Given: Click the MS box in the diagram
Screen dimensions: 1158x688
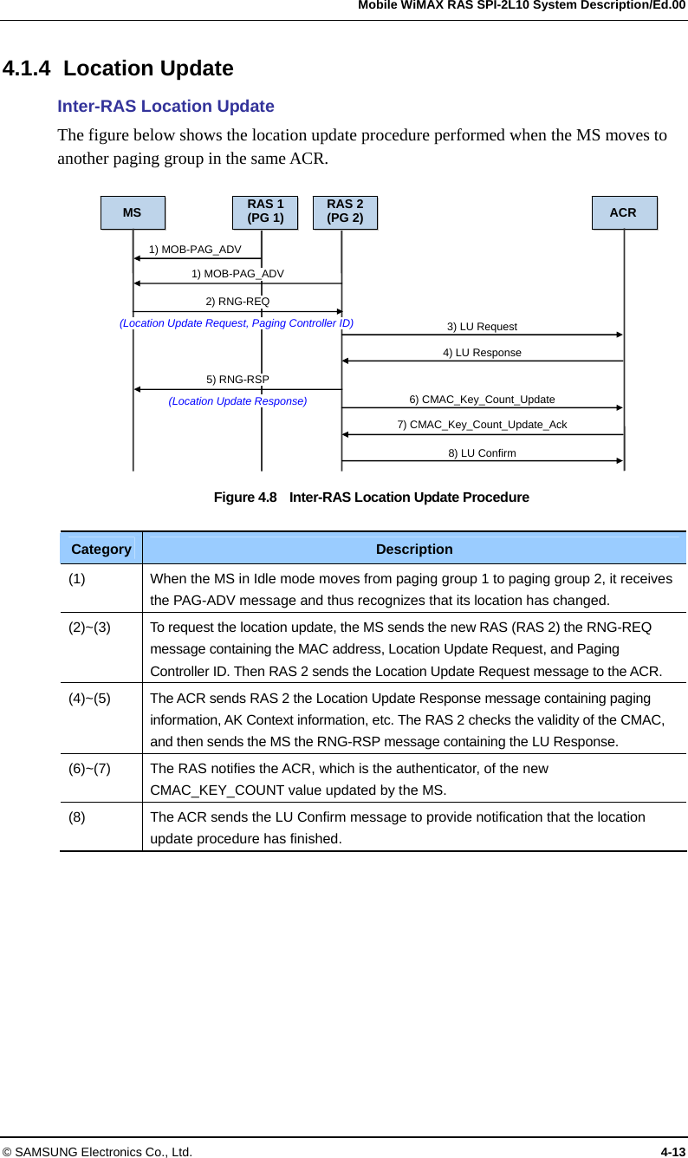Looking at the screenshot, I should (x=133, y=212).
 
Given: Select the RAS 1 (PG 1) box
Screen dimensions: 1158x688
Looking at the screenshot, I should (x=265, y=212).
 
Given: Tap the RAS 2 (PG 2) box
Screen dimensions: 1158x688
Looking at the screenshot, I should (x=345, y=212).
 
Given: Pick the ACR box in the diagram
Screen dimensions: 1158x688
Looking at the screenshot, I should (x=624, y=212).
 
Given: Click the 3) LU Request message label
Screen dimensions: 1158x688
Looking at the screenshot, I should (x=482, y=327).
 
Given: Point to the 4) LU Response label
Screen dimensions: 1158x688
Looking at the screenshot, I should (x=482, y=353).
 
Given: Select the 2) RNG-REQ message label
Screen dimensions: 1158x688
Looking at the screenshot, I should (x=237, y=302).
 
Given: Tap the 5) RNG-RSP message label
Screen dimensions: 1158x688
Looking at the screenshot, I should (x=237, y=380).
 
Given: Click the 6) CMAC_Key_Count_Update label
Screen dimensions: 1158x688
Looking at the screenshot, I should (x=482, y=400).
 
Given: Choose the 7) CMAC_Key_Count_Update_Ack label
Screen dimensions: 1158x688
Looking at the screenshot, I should (x=482, y=425).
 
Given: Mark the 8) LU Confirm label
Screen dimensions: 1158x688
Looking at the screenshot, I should (x=482, y=453).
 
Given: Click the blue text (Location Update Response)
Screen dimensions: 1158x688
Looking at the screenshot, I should (x=237, y=401).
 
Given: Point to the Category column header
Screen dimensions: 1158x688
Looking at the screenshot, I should (x=101, y=550).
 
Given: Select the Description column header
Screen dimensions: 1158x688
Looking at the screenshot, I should (x=414, y=550).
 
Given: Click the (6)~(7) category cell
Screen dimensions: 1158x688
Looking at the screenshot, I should (x=90, y=768).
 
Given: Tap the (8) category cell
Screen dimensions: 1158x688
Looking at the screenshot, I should (x=77, y=817).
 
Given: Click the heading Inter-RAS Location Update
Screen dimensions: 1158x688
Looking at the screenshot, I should (x=166, y=107).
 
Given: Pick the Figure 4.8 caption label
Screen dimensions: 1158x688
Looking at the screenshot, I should (x=245, y=498).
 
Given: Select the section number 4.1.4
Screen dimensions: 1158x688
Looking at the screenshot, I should (x=29, y=68).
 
